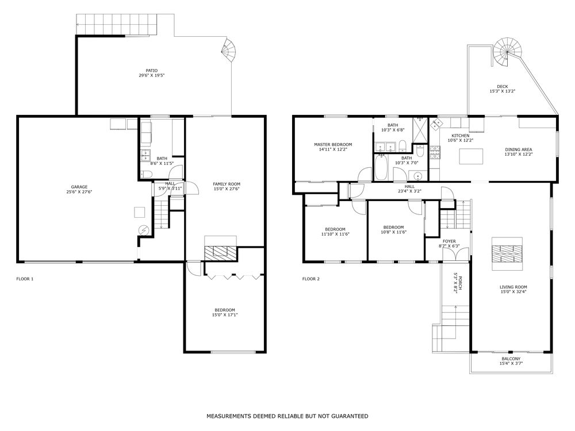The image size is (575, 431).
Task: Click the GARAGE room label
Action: [x=79, y=187]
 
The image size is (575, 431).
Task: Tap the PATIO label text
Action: [x=151, y=71]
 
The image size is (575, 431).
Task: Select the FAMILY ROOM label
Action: [x=227, y=184]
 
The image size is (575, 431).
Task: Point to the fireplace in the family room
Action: [x=220, y=249]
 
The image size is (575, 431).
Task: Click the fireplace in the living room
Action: [x=507, y=253]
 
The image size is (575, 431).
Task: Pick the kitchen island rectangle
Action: [x=471, y=156]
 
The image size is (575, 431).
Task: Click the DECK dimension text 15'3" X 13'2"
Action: [x=503, y=91]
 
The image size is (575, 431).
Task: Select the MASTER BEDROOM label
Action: [x=333, y=145]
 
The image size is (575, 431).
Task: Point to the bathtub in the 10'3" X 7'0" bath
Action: [x=380, y=167]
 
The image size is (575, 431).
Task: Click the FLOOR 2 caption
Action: [x=311, y=279]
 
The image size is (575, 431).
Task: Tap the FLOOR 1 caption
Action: [x=25, y=279]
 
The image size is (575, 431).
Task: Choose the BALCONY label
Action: [x=511, y=359]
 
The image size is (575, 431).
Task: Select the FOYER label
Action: [x=449, y=241]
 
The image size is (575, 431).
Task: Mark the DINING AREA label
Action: [x=519, y=149]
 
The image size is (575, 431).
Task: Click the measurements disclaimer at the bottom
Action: [x=287, y=416]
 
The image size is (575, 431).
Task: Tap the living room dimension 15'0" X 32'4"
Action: [x=513, y=292]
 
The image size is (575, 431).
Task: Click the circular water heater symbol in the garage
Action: [x=143, y=230]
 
